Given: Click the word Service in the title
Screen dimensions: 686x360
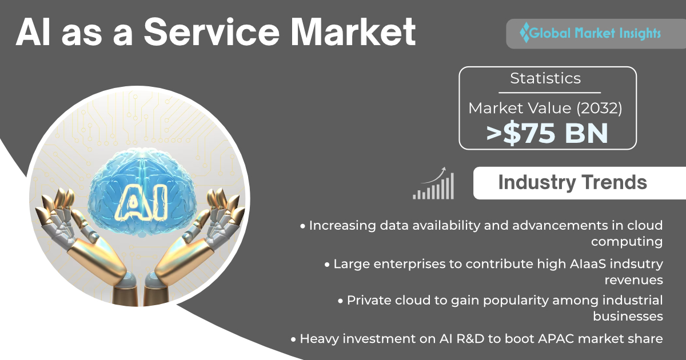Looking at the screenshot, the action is pyautogui.click(x=212, y=32).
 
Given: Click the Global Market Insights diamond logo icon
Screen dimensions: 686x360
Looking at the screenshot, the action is pyautogui.click(x=525, y=33).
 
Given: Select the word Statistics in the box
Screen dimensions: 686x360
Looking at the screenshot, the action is pyautogui.click(x=545, y=78).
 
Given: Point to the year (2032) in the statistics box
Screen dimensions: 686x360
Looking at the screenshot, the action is pyautogui.click(x=599, y=109).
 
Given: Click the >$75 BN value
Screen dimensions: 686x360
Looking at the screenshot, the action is pyautogui.click(x=547, y=133).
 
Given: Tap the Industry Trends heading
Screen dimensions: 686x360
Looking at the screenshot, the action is pyautogui.click(x=572, y=182).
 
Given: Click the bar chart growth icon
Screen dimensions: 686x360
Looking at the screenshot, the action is pyautogui.click(x=433, y=183).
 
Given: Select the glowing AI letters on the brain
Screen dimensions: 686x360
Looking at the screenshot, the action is pyautogui.click(x=141, y=203).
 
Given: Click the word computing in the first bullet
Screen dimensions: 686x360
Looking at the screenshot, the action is pyautogui.click(x=627, y=242).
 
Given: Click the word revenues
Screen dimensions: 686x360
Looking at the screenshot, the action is pyautogui.click(x=633, y=280).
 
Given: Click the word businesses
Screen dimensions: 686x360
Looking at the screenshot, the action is pyautogui.click(x=628, y=316).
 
